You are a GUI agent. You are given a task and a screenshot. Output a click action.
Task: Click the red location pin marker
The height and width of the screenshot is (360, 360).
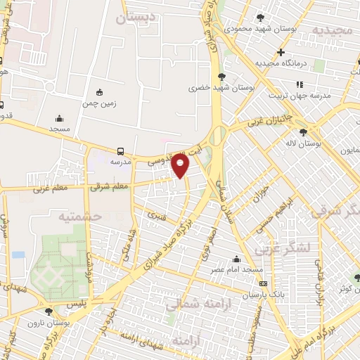point(181,166)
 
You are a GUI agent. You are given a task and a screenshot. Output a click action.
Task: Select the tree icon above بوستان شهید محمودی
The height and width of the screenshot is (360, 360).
point(261,17)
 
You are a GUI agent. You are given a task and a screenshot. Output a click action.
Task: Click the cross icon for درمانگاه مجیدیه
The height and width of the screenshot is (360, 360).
point(281,52)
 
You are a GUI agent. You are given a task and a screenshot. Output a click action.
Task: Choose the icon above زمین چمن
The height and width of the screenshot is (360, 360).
point(99,91)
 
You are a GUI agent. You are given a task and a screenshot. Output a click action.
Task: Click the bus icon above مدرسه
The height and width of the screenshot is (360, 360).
point(121,150)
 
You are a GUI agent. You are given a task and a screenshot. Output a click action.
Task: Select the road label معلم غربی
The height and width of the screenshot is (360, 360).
point(49,188)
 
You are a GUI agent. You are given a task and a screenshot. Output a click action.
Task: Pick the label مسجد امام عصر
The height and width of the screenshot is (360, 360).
point(236,269)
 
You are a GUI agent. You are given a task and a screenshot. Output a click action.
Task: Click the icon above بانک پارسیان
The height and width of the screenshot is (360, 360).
point(263,283)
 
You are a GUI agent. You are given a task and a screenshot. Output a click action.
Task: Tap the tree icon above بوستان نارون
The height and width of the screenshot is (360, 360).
point(49,311)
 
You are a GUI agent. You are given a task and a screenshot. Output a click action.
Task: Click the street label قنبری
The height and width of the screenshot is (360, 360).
point(156,217)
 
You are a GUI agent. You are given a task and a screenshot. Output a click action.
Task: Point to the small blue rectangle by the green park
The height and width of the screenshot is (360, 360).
point(18,254)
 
